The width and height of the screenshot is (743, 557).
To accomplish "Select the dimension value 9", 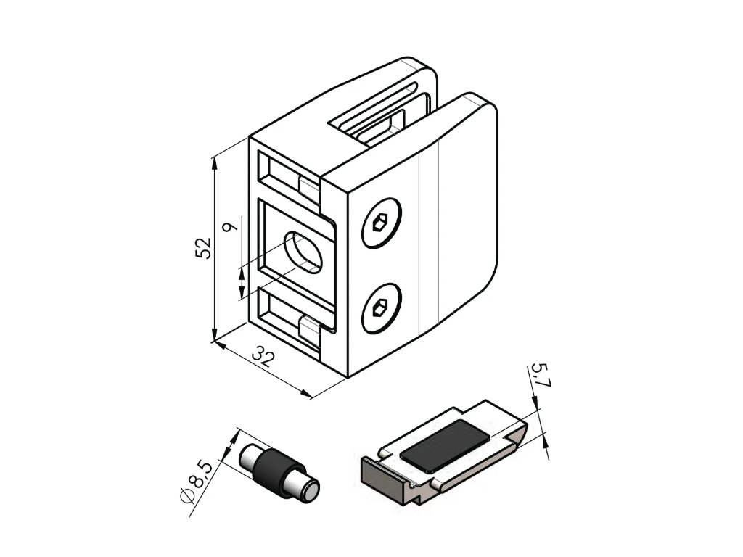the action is (x=231, y=227).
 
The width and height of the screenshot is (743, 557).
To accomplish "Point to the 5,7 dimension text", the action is (x=540, y=377).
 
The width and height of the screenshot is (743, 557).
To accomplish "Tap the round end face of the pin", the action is (x=310, y=490).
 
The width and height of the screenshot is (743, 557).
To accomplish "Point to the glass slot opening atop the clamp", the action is (x=385, y=120).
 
